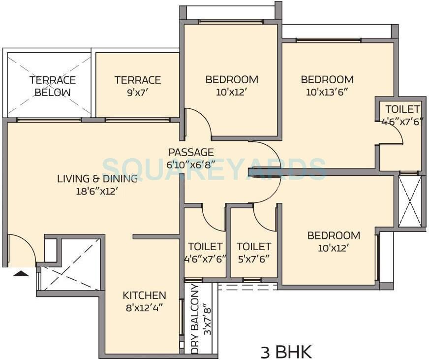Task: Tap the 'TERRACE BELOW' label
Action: coord(52,86)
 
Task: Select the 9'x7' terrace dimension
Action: coord(138,92)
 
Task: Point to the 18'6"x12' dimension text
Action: coord(94,191)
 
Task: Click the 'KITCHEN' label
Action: coord(144,295)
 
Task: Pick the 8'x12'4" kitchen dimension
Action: coord(144,308)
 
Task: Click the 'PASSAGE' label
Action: coord(191,152)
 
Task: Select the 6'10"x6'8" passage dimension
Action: coord(191,164)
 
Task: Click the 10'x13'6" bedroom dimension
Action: coord(327,92)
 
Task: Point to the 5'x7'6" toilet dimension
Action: coord(253,258)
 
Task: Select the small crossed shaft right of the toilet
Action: coord(410,201)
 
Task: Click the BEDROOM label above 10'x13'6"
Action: coord(327,79)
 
